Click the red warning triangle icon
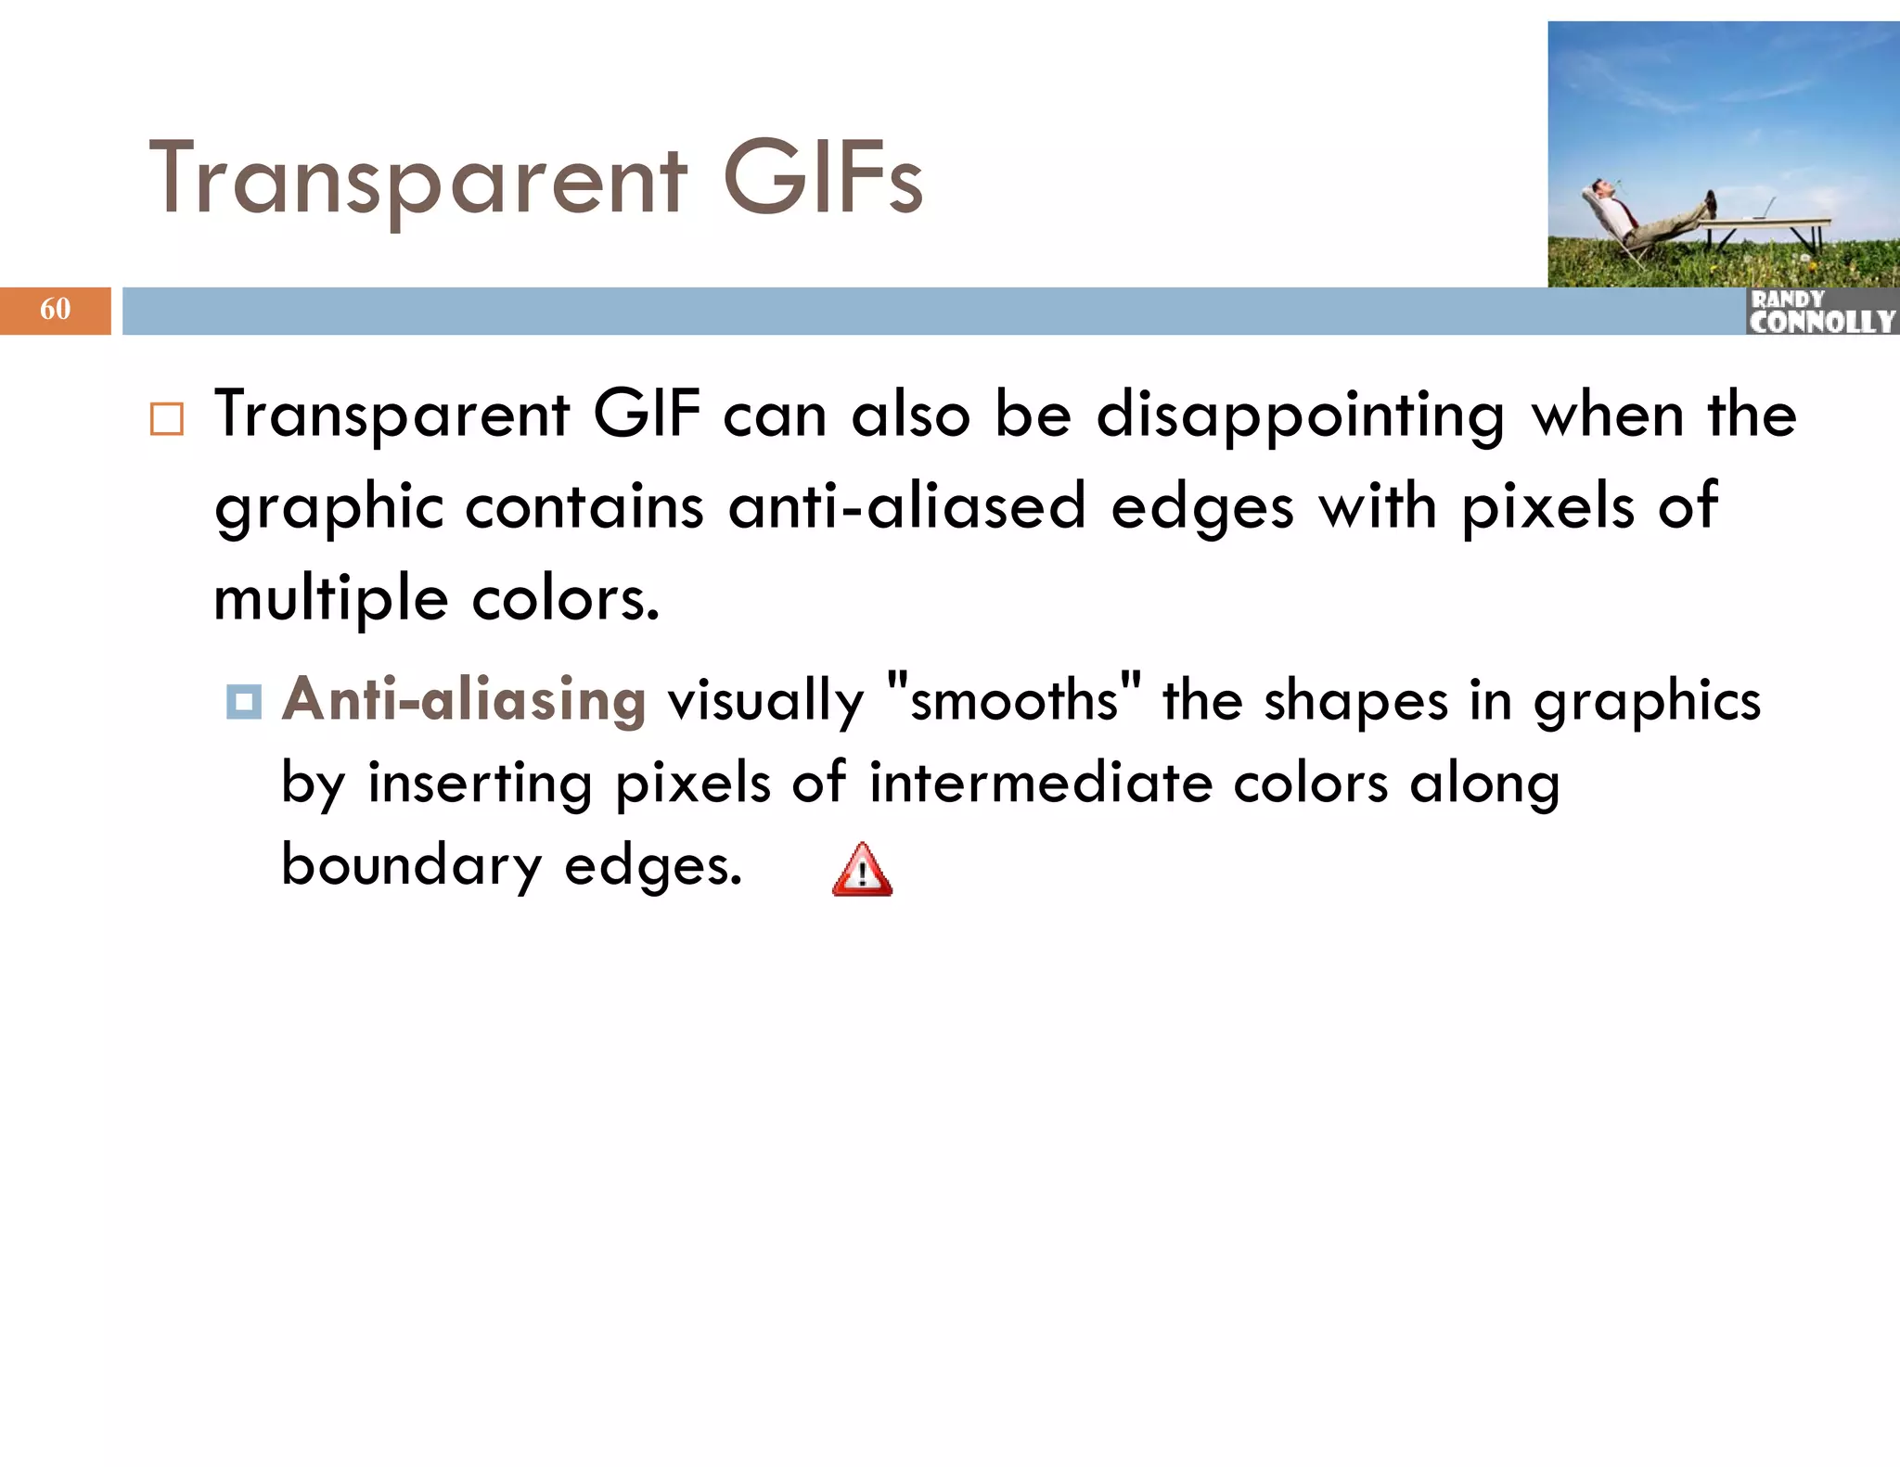(862, 871)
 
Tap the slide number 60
(55, 309)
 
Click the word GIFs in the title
(822, 178)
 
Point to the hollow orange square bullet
(167, 419)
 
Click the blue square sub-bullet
(244, 701)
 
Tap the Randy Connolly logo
(1821, 312)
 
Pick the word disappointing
(1300, 415)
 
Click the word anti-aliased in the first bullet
(906, 507)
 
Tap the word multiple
(331, 599)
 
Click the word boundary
(411, 866)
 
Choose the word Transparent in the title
(418, 180)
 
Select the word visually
(765, 701)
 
